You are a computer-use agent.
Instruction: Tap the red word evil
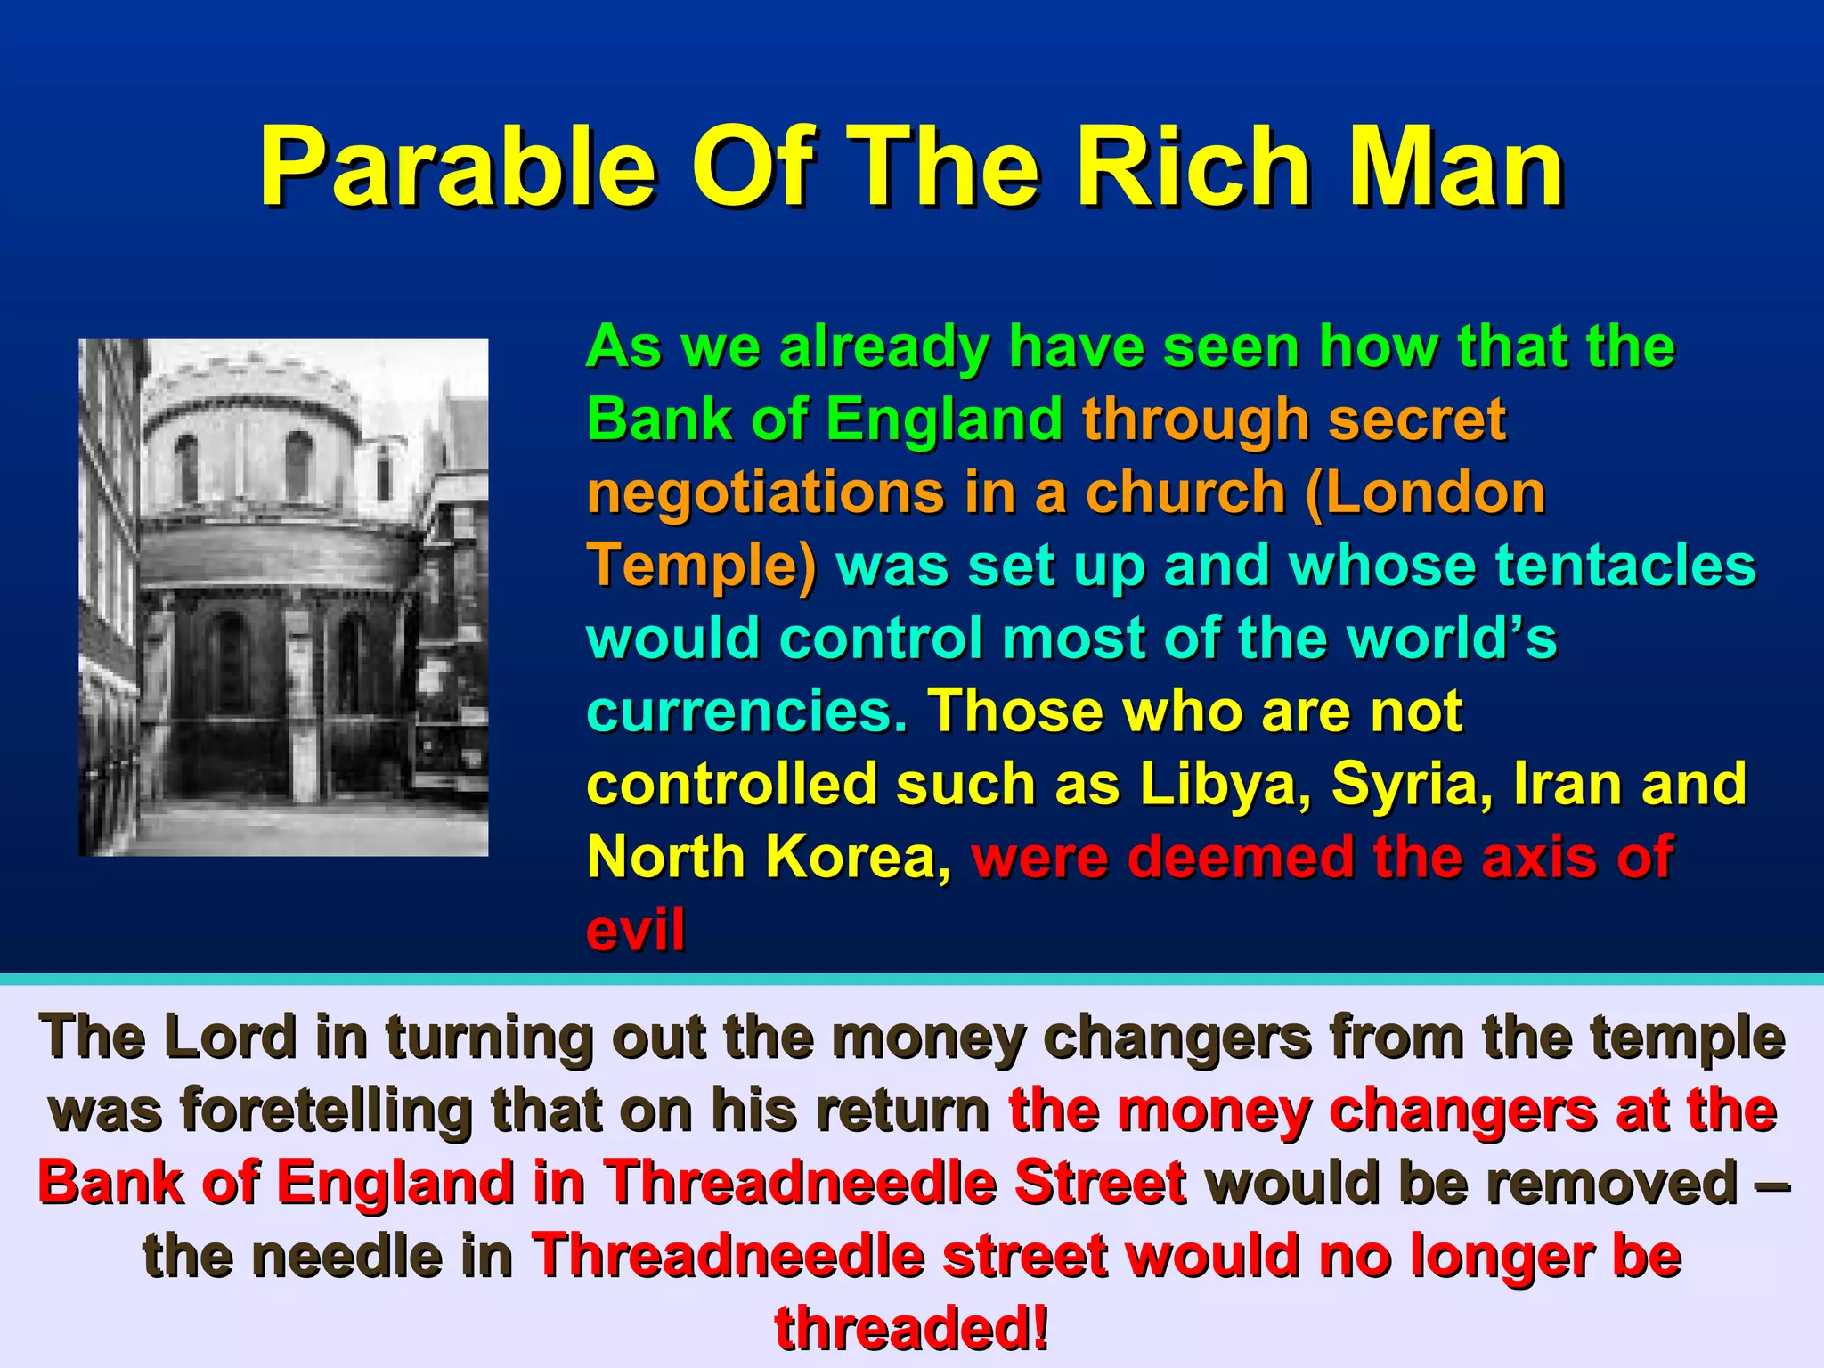tap(635, 930)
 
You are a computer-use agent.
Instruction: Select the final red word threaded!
tap(911, 1329)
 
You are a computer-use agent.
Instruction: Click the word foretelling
tap(326, 1111)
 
